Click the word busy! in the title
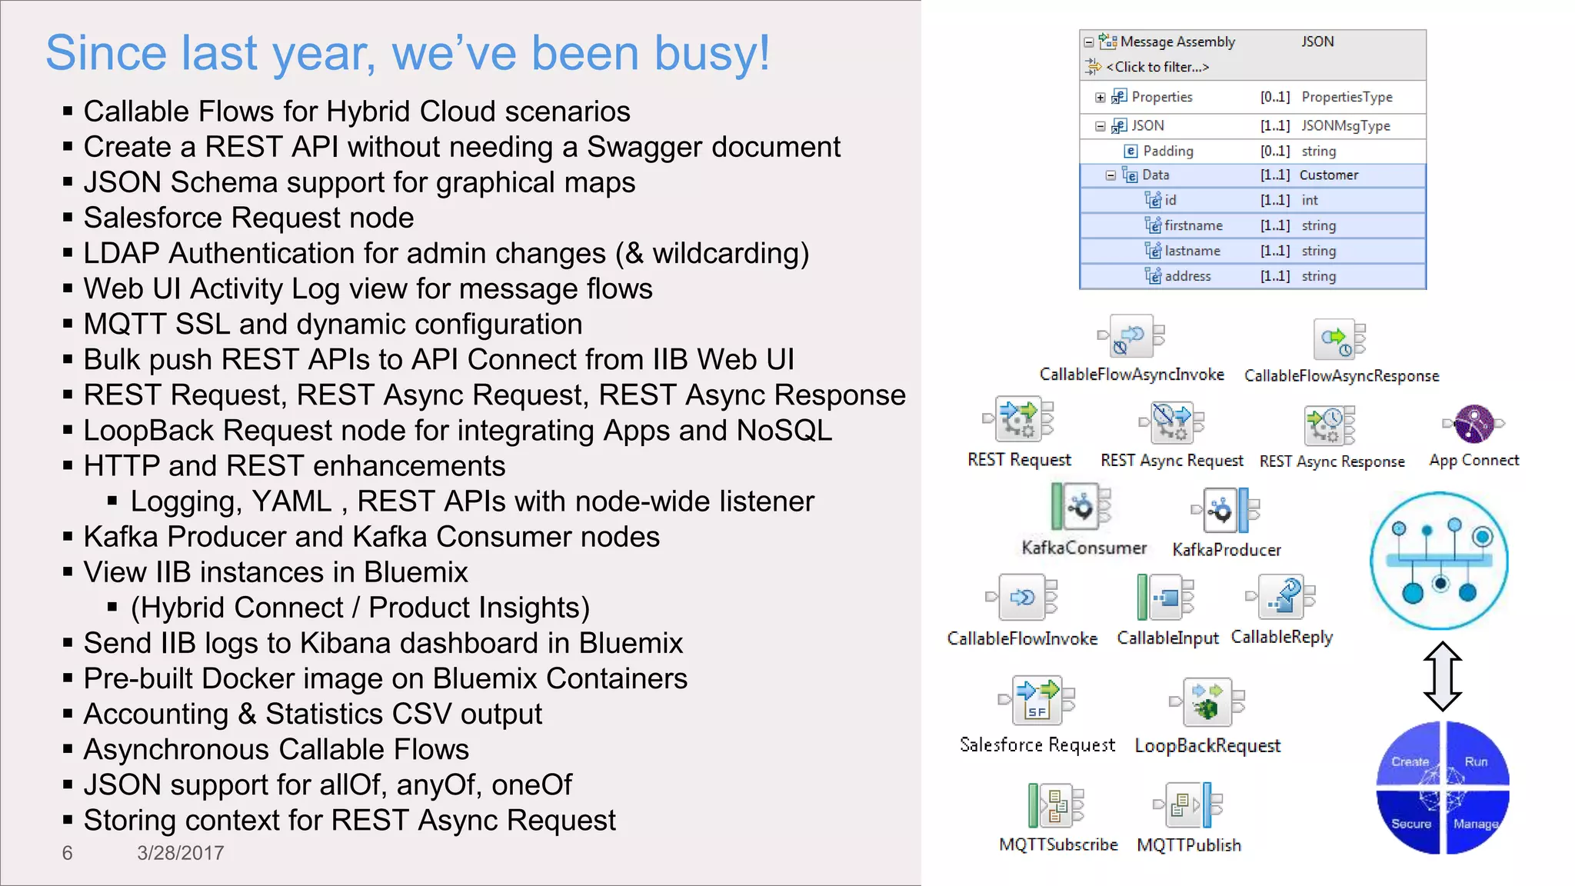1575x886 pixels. [x=711, y=54]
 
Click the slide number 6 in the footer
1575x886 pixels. [x=68, y=853]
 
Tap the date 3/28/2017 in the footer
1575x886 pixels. [x=181, y=853]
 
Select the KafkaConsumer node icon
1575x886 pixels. [x=1081, y=507]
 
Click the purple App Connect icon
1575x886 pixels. [x=1473, y=424]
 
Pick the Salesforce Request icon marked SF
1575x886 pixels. [x=1037, y=701]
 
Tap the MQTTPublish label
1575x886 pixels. [x=1189, y=845]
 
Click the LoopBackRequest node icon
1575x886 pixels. [x=1207, y=701]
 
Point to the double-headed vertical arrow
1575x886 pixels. [x=1442, y=676]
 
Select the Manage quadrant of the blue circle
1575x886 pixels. [x=1475, y=823]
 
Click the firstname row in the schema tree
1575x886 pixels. [x=1193, y=225]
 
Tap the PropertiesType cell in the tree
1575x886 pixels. [x=1347, y=97]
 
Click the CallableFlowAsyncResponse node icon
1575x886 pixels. [x=1338, y=339]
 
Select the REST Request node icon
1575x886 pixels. [x=1019, y=419]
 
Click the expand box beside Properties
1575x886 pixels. [x=1100, y=98]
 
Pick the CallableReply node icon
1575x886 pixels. [x=1281, y=597]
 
